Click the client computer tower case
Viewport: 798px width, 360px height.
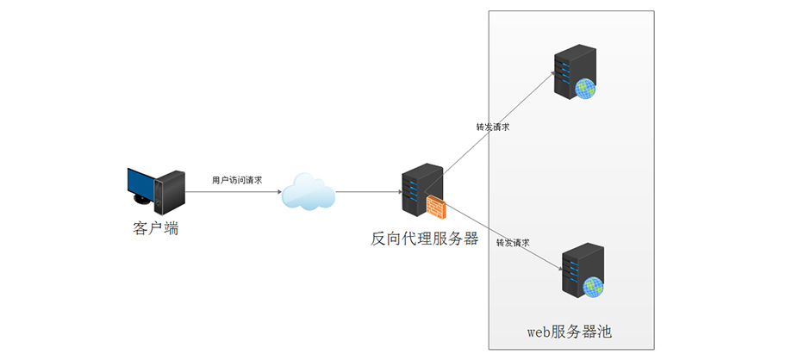coord(170,191)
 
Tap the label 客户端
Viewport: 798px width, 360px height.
coord(156,228)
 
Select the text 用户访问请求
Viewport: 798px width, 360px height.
coord(237,180)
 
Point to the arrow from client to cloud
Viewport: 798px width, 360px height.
coord(233,192)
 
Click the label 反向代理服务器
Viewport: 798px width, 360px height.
coord(424,239)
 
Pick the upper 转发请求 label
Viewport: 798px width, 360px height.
coord(493,127)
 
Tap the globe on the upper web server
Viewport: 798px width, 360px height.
coord(586,86)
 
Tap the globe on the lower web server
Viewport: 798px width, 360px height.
coord(592,287)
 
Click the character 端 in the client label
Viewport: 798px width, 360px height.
coord(171,228)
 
